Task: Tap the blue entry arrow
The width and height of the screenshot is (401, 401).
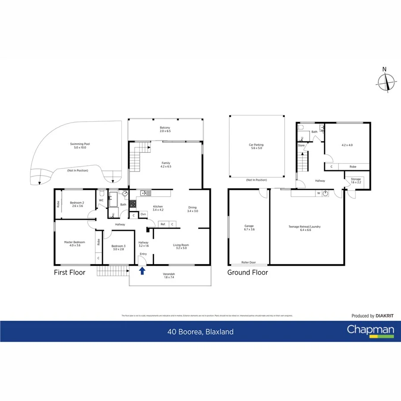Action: [142, 270]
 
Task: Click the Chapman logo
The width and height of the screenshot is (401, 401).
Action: [371, 331]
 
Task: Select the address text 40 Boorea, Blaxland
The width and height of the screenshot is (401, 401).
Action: [200, 331]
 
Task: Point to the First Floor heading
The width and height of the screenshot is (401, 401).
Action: [70, 272]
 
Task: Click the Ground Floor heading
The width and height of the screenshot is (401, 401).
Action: [248, 272]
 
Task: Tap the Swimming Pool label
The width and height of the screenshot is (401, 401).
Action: [78, 146]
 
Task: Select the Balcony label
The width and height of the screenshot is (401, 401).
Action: [165, 130]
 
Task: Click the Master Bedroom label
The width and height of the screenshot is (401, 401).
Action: [74, 244]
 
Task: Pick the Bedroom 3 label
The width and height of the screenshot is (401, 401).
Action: [118, 248]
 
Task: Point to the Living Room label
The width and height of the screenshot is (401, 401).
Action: [181, 246]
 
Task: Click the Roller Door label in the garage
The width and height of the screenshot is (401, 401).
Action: [248, 262]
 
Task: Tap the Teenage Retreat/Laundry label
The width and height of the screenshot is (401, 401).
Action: [307, 229]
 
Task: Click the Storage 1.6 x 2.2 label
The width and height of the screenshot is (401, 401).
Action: [356, 181]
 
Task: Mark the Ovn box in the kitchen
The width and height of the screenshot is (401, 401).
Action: [143, 214]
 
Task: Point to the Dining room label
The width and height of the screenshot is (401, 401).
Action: [192, 209]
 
